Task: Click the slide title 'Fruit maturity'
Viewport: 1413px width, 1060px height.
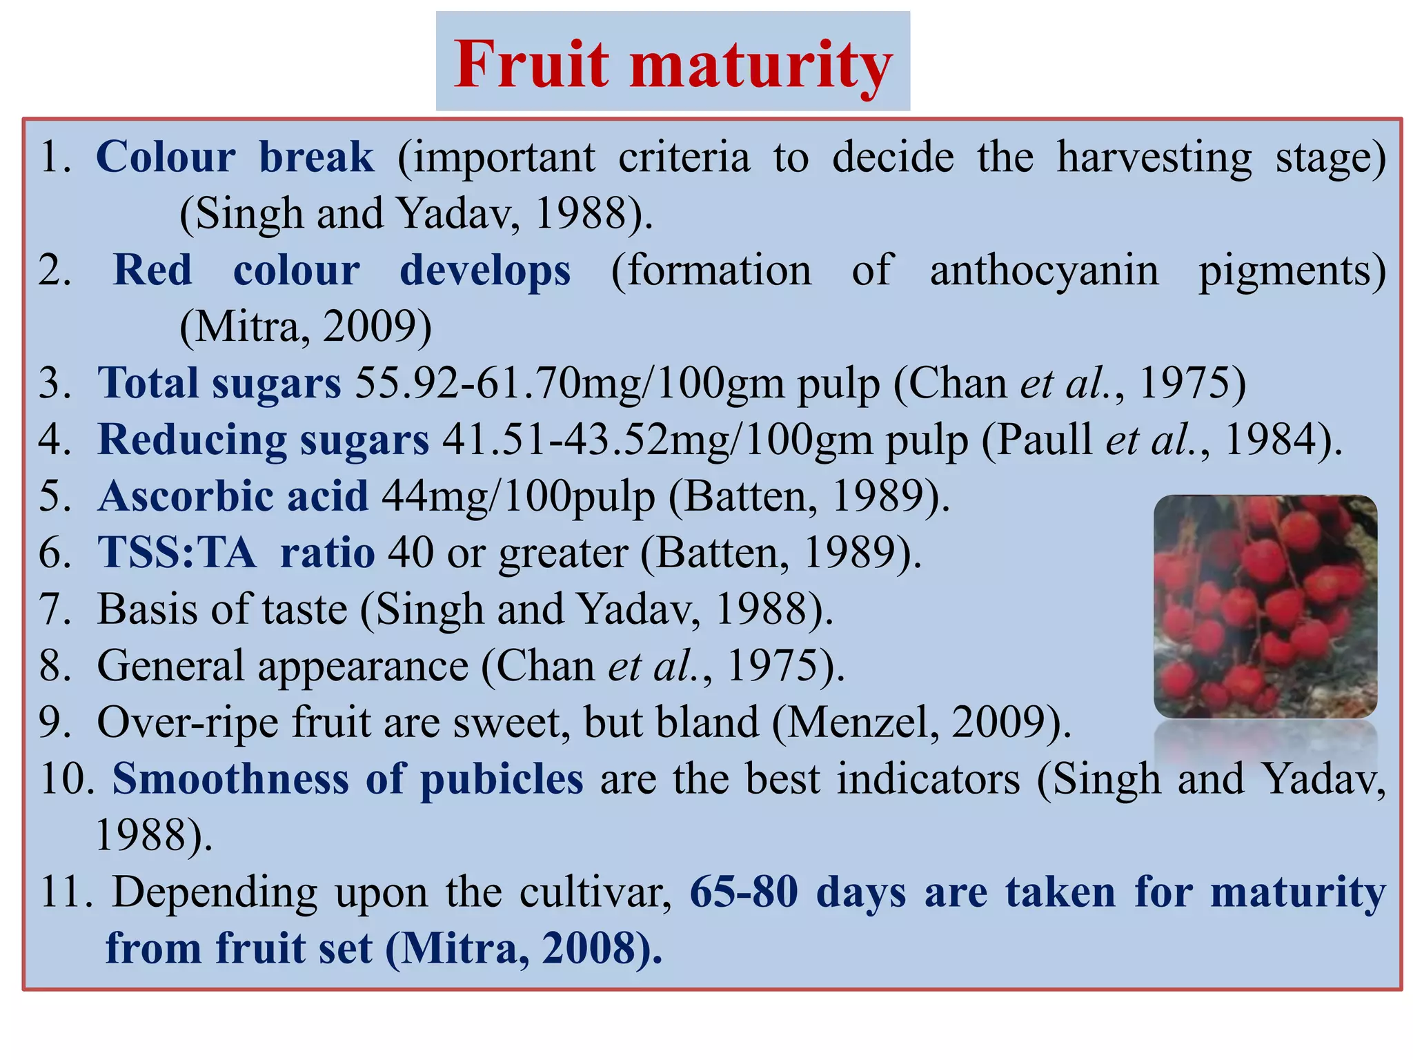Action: click(x=673, y=63)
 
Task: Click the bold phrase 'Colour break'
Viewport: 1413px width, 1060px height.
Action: click(x=235, y=157)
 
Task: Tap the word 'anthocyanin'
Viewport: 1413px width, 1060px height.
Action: click(x=1044, y=270)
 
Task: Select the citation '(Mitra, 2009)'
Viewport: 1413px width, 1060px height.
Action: click(x=306, y=326)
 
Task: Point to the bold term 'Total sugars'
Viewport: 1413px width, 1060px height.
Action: click(x=219, y=383)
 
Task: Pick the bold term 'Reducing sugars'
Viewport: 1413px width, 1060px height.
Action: click(x=263, y=440)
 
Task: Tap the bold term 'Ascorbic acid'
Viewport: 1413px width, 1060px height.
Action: click(x=233, y=496)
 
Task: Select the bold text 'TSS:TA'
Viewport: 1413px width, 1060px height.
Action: click(x=177, y=553)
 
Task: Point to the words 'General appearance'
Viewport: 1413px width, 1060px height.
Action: click(x=282, y=666)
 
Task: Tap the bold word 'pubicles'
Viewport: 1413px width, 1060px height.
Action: click(x=502, y=779)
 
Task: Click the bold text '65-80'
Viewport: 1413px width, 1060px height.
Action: click(x=744, y=892)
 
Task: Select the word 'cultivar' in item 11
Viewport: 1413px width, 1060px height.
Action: click(x=595, y=892)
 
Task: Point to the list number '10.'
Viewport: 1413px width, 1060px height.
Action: click(x=68, y=779)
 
